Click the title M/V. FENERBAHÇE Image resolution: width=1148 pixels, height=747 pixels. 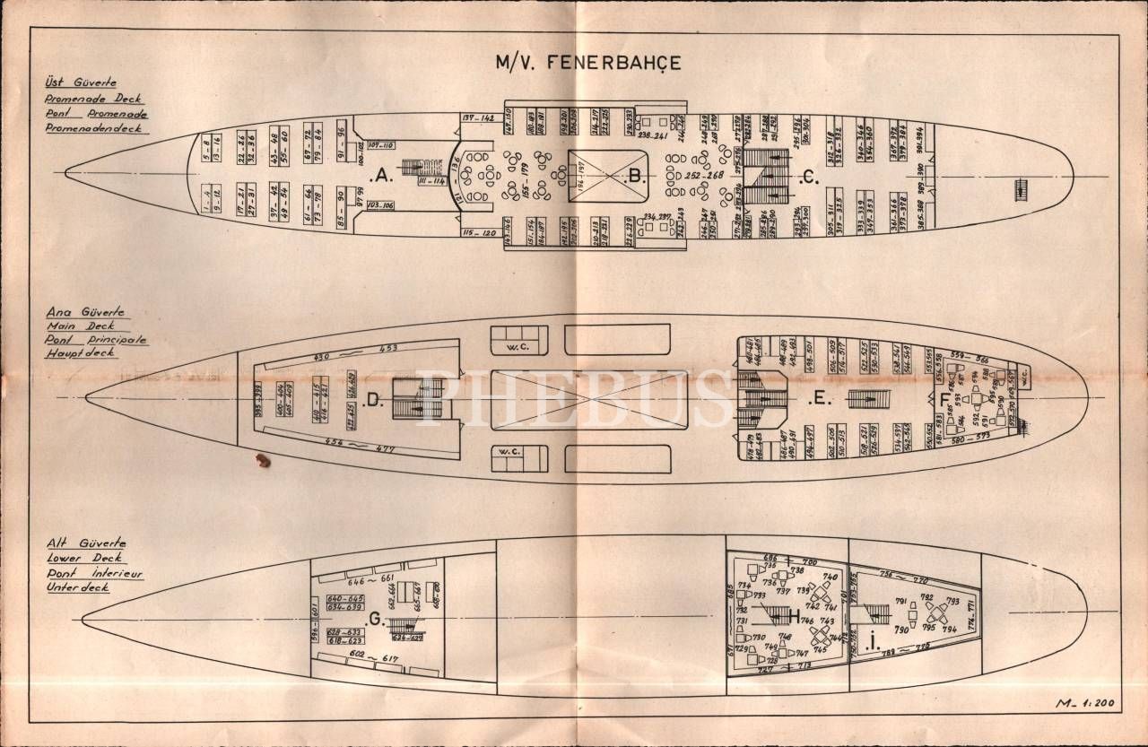(x=588, y=63)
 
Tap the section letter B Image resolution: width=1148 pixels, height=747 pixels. (x=636, y=177)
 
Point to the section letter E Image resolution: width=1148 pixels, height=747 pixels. (x=816, y=400)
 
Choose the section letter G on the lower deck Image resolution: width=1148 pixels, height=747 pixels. (x=373, y=618)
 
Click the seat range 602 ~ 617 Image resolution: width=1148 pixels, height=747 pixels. (x=374, y=659)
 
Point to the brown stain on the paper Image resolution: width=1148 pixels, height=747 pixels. (x=262, y=460)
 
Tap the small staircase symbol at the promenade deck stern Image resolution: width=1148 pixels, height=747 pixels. (x=1020, y=189)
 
